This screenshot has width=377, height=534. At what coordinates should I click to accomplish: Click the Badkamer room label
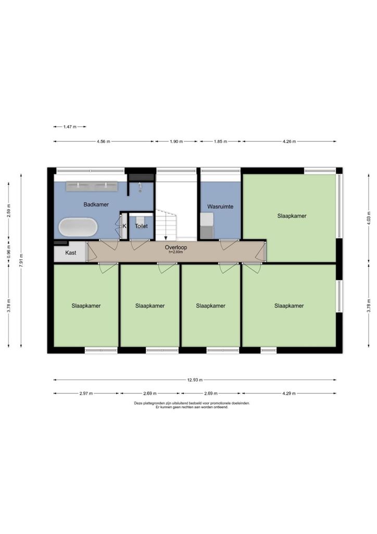click(x=96, y=204)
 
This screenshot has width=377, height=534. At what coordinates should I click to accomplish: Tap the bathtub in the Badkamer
click(x=78, y=227)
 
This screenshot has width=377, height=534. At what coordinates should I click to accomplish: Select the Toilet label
click(x=142, y=226)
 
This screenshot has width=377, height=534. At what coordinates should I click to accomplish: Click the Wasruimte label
click(x=220, y=207)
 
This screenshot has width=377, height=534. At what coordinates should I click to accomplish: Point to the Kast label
click(x=71, y=253)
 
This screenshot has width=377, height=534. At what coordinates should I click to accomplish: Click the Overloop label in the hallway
click(x=176, y=248)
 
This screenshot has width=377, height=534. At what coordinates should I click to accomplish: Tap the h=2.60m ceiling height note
click(x=176, y=252)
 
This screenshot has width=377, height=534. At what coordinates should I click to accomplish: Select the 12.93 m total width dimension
click(x=195, y=380)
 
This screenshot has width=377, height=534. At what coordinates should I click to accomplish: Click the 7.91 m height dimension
click(x=21, y=261)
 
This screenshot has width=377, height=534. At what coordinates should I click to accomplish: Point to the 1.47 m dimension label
click(x=70, y=127)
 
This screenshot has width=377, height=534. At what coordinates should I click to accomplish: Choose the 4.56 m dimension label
click(x=103, y=141)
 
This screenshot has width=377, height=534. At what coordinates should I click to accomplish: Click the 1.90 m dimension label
click(x=177, y=141)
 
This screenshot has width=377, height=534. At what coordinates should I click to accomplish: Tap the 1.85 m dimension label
click(x=220, y=141)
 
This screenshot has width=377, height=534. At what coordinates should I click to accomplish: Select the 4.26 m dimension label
click(x=289, y=141)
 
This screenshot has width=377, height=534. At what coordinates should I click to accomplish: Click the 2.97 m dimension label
click(x=86, y=393)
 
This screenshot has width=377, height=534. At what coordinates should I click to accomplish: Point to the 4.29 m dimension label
click(x=289, y=393)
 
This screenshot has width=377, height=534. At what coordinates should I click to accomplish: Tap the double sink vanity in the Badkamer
click(x=92, y=186)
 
